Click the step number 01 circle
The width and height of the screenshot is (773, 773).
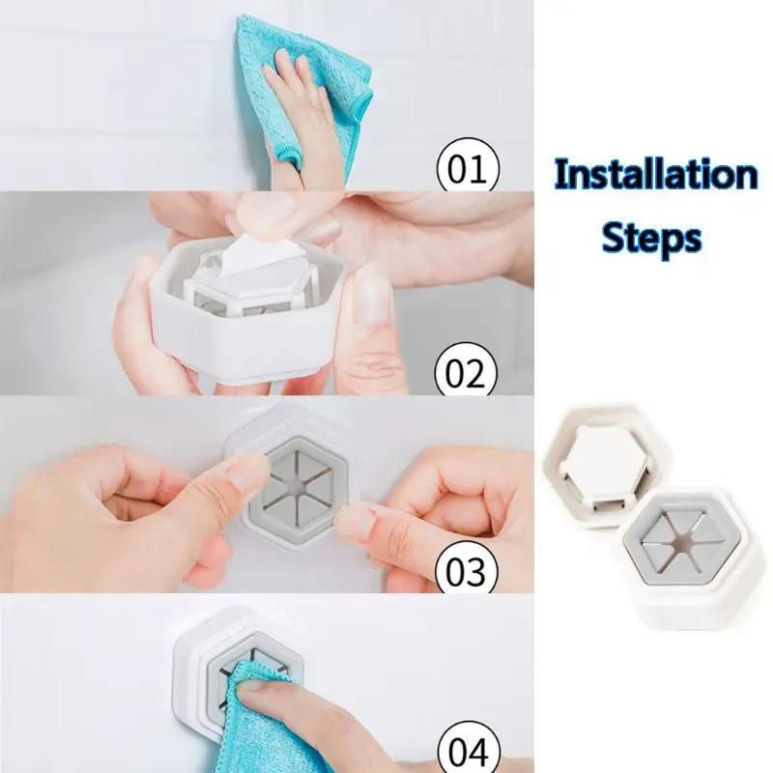[468, 165]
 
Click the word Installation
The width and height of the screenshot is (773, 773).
[656, 175]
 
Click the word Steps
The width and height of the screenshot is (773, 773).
[651, 238]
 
